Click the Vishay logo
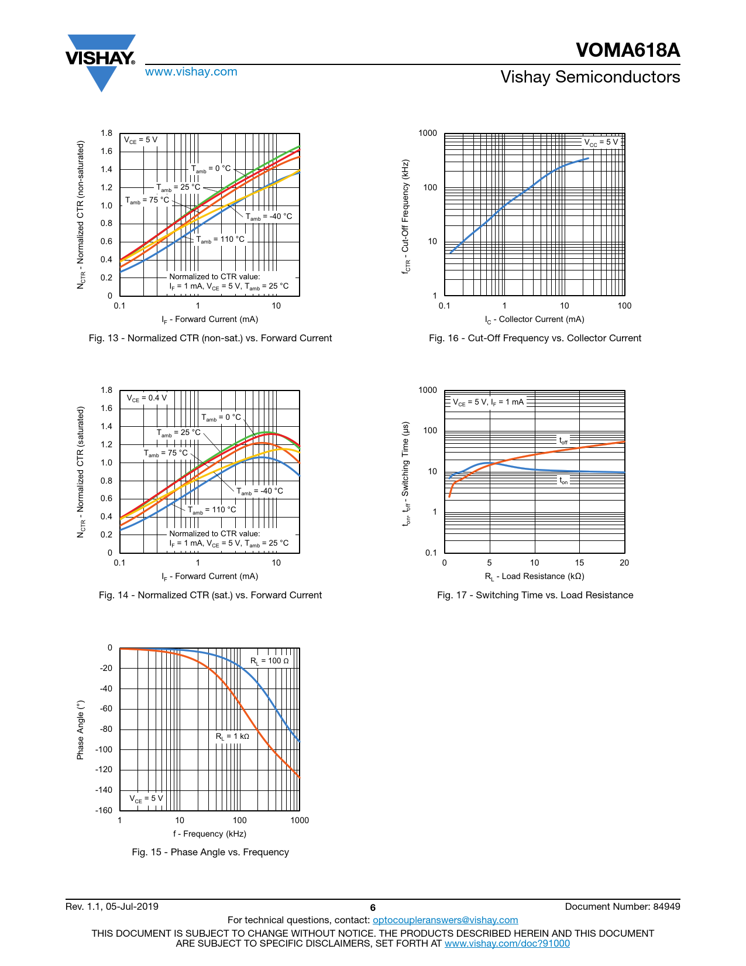point(101,60)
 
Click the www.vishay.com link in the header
point(191,72)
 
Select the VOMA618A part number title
point(627,50)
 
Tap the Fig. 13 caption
point(210,338)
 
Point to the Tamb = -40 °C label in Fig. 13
point(269,217)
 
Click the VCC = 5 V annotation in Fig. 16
point(601,142)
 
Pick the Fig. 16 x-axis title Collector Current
point(534,320)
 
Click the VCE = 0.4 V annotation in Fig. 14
point(147,398)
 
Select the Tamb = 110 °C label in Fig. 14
point(212,510)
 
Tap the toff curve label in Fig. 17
point(563,440)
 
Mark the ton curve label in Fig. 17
point(563,481)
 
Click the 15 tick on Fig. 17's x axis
point(579,563)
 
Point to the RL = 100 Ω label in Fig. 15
point(270,661)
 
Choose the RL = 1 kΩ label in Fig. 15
point(232,737)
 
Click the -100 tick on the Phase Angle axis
point(104,749)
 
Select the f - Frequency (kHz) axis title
point(209,834)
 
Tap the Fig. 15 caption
point(210,852)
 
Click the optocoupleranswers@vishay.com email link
point(445,920)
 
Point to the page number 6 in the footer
point(373,908)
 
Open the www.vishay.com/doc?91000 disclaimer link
point(507,943)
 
